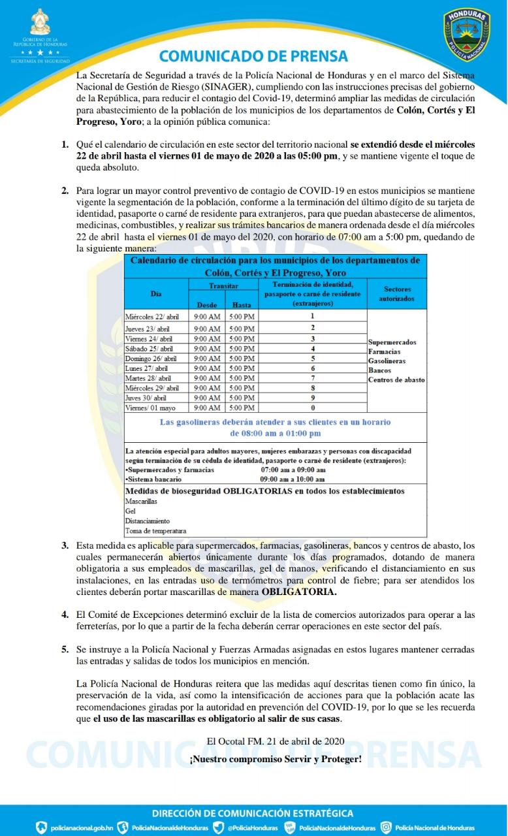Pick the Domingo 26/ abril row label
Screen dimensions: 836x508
151,359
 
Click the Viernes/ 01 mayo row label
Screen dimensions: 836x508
150,408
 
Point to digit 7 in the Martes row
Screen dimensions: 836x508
313,378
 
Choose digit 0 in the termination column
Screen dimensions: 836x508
313,407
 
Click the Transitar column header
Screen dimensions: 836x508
223,286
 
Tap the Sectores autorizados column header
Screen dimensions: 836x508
396,293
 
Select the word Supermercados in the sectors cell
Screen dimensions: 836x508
392,342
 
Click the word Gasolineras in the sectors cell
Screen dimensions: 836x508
387,361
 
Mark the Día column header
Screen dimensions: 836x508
156,294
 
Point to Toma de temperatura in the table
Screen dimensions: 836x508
155,531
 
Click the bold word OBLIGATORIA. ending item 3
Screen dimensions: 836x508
300,592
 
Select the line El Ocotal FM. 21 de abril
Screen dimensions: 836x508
276,741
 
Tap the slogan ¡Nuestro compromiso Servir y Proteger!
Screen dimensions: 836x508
275,760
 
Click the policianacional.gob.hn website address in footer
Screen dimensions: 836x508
82,828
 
